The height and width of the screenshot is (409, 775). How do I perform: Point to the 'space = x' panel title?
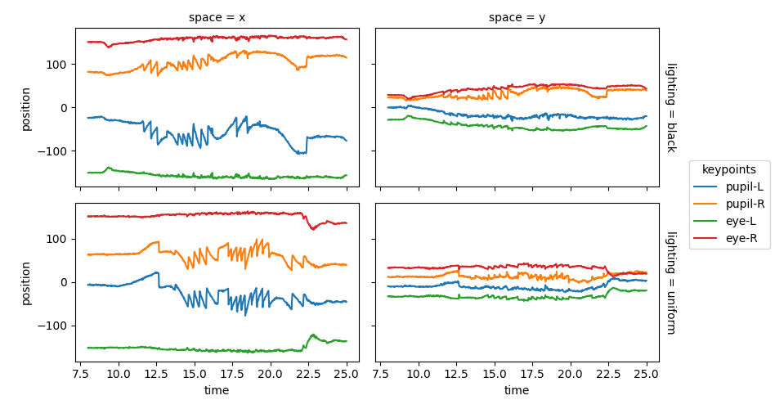[x=217, y=17]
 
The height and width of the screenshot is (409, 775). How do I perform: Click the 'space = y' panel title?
[x=517, y=17]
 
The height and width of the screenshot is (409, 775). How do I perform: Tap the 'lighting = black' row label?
[x=670, y=107]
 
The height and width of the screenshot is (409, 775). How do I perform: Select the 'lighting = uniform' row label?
[x=670, y=282]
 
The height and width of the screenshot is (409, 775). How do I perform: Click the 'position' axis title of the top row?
[x=25, y=107]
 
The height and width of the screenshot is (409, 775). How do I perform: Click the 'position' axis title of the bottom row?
[x=25, y=282]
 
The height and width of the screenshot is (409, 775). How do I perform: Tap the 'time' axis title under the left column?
[x=217, y=391]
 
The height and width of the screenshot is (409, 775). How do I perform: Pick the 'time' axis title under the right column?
[x=517, y=391]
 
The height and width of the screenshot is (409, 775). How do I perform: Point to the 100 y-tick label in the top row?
[x=58, y=65]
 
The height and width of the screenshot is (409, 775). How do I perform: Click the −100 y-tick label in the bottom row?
[x=55, y=326]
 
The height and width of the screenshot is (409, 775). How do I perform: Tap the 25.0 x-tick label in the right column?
[x=646, y=373]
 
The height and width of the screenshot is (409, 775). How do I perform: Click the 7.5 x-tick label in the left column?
[x=81, y=373]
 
